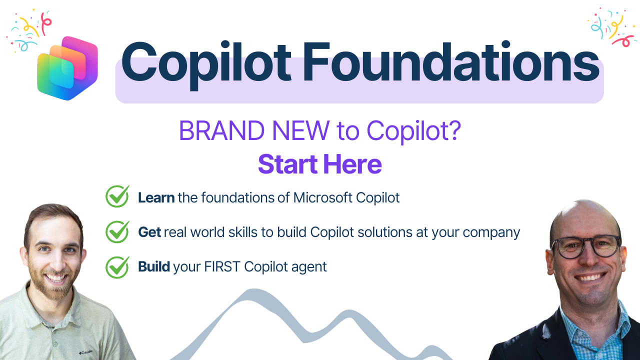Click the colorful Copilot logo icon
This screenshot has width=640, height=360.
67,67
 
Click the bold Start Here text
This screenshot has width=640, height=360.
320,164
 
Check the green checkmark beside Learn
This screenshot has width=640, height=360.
117,196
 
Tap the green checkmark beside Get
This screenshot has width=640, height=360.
117,231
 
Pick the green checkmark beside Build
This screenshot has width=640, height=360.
117,266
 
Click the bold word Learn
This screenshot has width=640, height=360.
156,197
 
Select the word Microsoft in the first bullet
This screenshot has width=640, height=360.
323,197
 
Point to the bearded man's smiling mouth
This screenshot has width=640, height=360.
56,277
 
